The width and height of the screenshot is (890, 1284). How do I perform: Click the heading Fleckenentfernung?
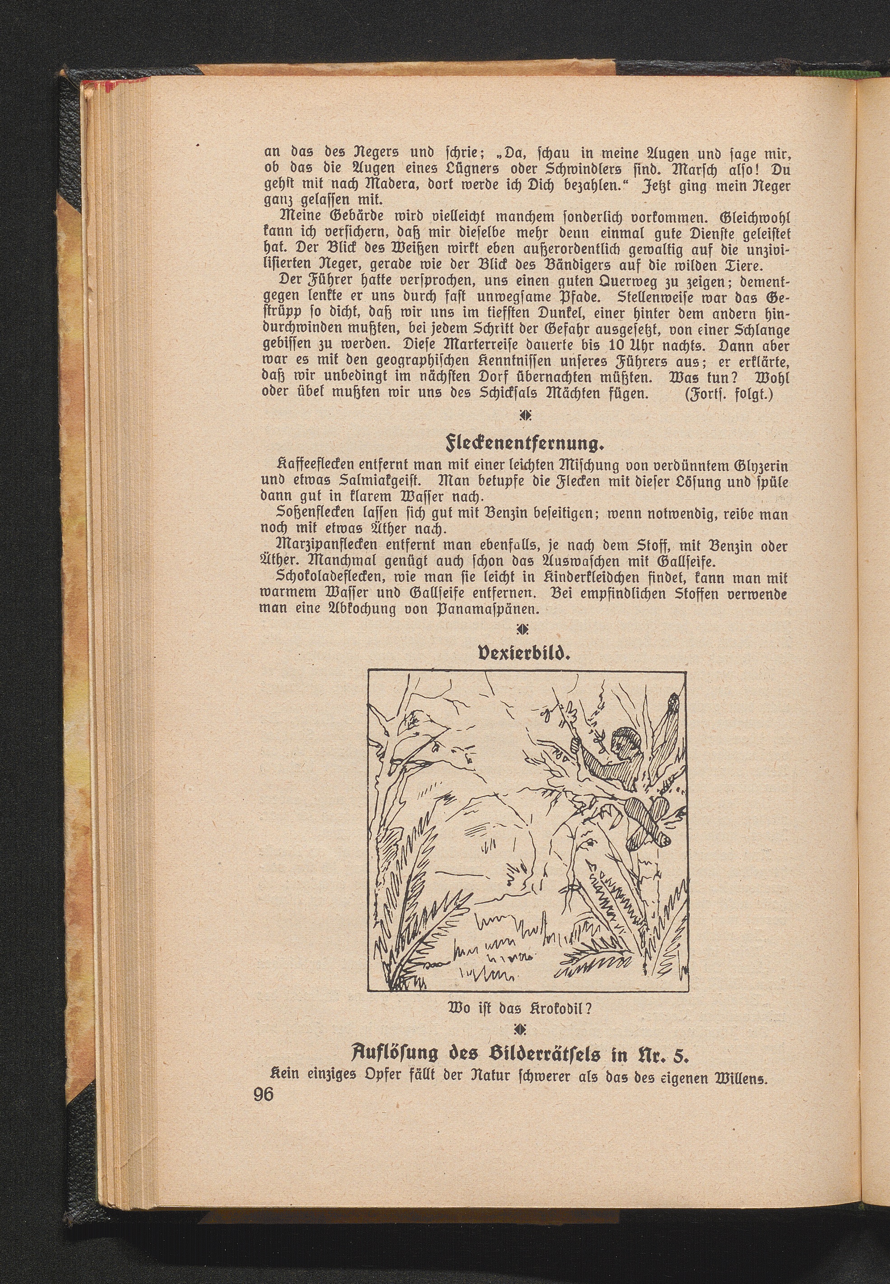pyautogui.click(x=524, y=445)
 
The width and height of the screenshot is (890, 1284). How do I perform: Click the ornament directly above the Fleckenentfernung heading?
pyautogui.click(x=523, y=416)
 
